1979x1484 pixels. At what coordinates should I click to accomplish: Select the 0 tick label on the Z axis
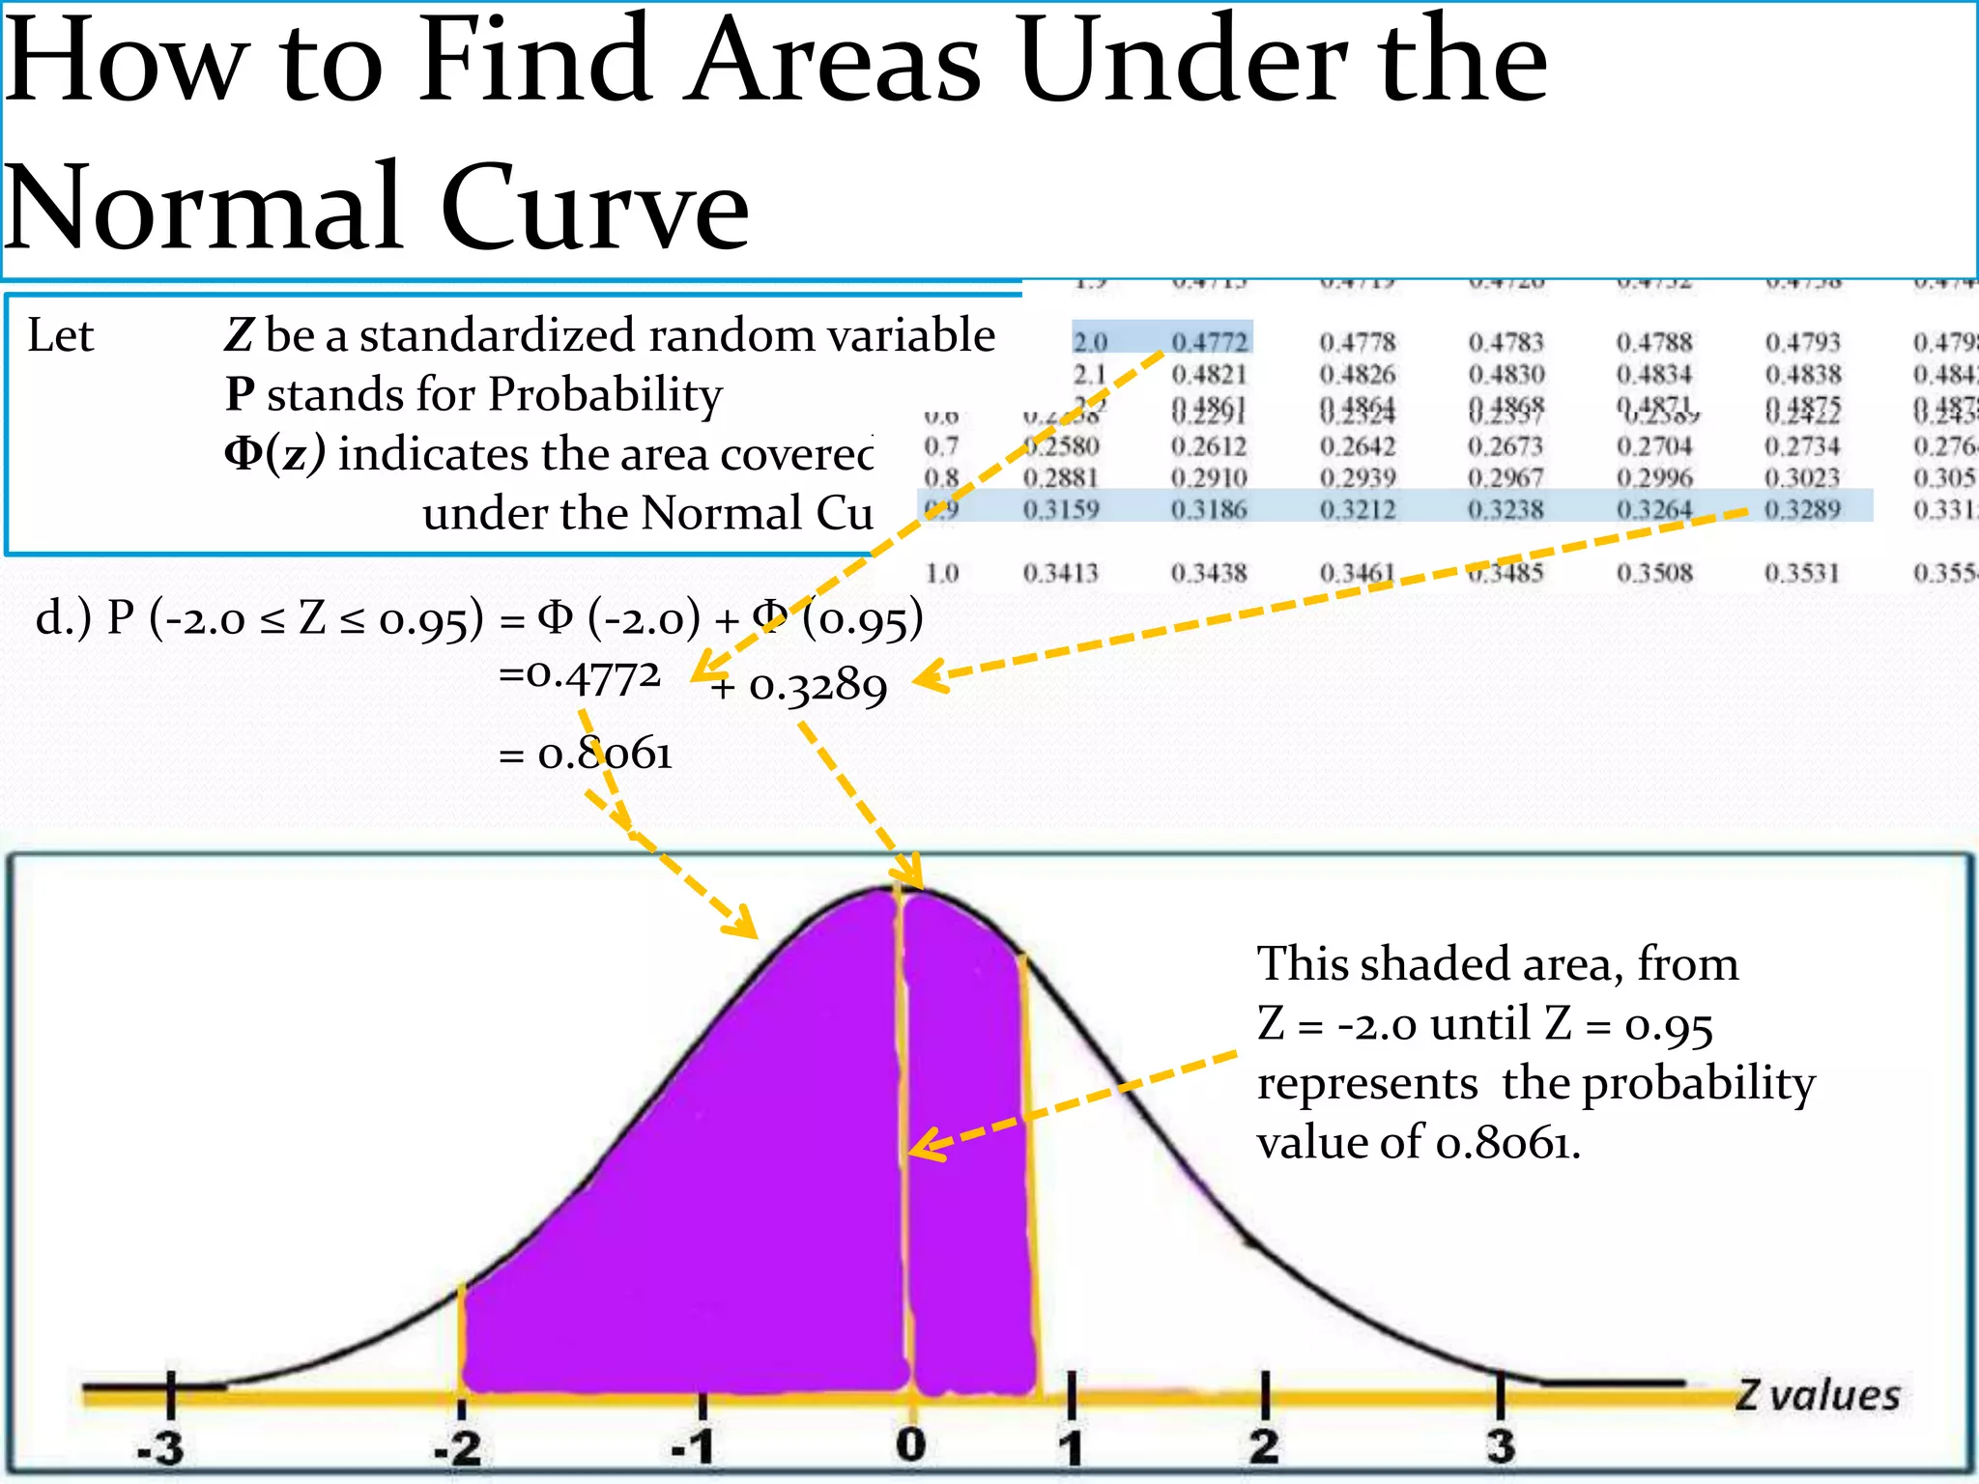point(910,1444)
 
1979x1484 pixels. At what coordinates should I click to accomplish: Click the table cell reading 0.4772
point(1210,342)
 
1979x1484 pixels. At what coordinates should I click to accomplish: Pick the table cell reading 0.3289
point(1802,509)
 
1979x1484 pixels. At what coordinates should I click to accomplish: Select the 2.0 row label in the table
point(1090,342)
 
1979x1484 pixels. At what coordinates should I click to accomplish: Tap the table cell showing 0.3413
point(1061,573)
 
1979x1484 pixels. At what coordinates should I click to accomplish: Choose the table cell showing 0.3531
point(1802,573)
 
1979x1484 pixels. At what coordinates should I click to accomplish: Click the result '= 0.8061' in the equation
point(586,754)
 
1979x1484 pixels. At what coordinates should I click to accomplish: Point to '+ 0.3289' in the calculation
point(798,687)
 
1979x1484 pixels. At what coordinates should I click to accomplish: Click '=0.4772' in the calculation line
point(580,675)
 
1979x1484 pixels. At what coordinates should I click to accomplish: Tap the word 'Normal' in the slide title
point(203,208)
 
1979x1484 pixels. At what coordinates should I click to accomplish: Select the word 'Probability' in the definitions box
point(605,394)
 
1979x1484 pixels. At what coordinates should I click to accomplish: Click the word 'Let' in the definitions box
point(60,336)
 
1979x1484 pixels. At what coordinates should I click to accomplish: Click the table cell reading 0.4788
point(1654,342)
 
